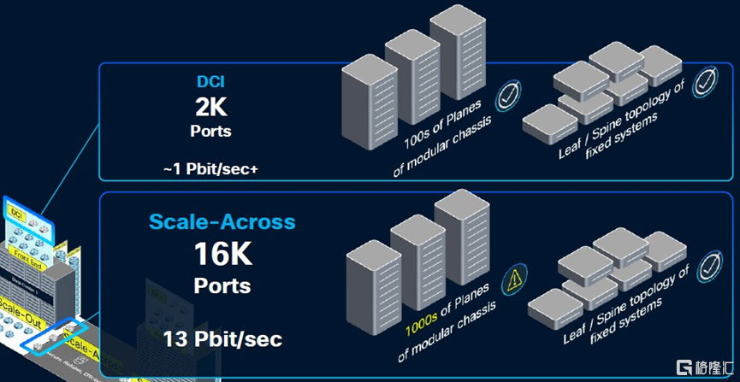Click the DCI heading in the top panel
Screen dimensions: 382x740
pyautogui.click(x=210, y=83)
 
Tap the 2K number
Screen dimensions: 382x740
pyautogui.click(x=210, y=108)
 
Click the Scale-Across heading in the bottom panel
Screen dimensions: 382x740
pyautogui.click(x=222, y=222)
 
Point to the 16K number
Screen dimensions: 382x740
pyautogui.click(x=222, y=254)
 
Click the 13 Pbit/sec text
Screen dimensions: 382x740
pyautogui.click(x=222, y=339)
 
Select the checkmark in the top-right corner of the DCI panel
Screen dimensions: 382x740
pyautogui.click(x=704, y=83)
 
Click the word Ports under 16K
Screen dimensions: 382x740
pyautogui.click(x=222, y=285)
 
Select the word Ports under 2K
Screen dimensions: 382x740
pyautogui.click(x=210, y=132)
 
